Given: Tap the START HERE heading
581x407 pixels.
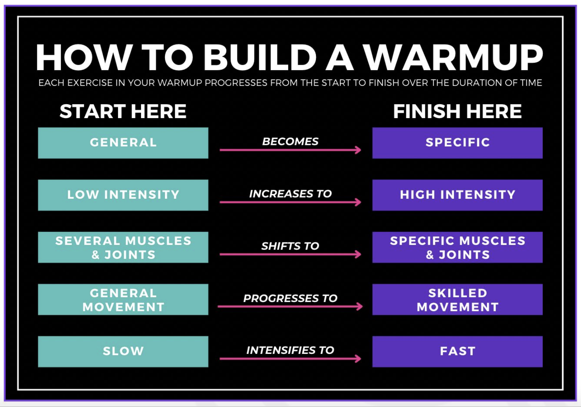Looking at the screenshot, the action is (x=123, y=111).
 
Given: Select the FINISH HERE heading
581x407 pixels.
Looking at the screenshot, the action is (x=457, y=111).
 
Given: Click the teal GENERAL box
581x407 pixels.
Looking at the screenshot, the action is (x=123, y=143).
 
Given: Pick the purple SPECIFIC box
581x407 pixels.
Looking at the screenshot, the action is (x=457, y=143).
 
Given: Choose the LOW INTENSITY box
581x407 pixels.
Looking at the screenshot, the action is (x=123, y=195).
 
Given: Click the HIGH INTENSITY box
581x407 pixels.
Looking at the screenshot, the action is (x=457, y=195).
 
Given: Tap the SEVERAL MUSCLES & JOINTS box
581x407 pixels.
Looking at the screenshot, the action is (x=123, y=247).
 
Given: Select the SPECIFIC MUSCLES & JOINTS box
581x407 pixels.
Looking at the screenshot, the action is (x=457, y=247).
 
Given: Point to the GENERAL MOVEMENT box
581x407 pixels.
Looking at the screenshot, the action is (x=123, y=299).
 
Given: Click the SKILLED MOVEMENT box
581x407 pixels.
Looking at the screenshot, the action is (x=457, y=299).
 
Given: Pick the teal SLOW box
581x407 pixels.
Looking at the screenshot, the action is (x=123, y=351).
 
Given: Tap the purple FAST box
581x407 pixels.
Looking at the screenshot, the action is (x=457, y=351).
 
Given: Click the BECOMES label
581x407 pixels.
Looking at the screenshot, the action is (x=290, y=142).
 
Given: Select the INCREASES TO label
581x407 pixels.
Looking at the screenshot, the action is (x=290, y=194).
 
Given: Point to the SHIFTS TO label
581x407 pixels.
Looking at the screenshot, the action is (x=290, y=246).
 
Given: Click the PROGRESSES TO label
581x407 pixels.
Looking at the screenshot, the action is (x=290, y=298).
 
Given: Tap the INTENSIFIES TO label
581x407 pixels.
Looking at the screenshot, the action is (x=290, y=350).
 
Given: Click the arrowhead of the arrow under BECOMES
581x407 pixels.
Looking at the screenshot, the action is (x=358, y=150).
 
